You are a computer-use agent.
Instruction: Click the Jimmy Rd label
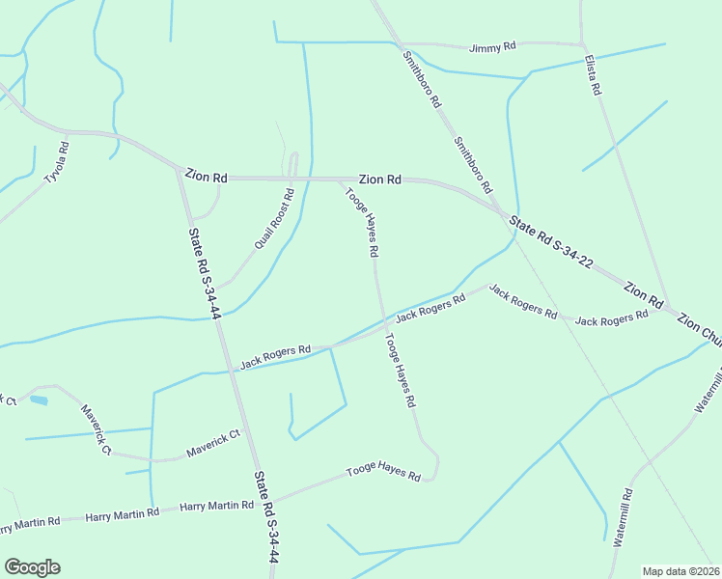pyautogui.click(x=492, y=47)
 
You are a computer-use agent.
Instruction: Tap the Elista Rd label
pyautogui.click(x=593, y=75)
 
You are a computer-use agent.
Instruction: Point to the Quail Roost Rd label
pyautogui.click(x=273, y=219)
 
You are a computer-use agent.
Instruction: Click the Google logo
pyautogui.click(x=32, y=567)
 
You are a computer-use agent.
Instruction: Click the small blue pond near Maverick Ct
pyautogui.click(x=39, y=400)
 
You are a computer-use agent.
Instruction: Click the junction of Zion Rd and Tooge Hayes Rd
pyautogui.click(x=338, y=179)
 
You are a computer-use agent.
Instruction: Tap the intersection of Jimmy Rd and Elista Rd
pyautogui.click(x=582, y=44)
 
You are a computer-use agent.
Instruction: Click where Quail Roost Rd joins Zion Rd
pyautogui.click(x=292, y=179)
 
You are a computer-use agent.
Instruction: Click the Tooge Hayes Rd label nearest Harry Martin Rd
pyautogui.click(x=384, y=475)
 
